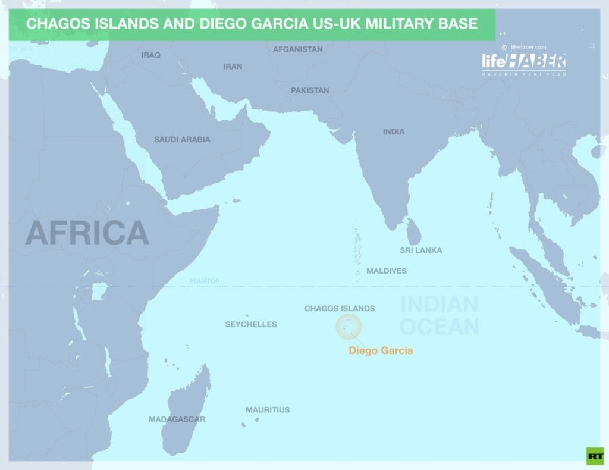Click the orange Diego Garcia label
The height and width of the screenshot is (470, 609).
[x=381, y=350]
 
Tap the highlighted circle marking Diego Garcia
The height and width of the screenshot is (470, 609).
[x=349, y=327]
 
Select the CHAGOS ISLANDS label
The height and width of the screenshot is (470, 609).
[x=340, y=308]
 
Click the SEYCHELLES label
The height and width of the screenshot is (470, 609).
[x=251, y=324]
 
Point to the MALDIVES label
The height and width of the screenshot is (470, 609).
[x=387, y=271]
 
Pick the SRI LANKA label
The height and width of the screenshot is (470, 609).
[x=421, y=250]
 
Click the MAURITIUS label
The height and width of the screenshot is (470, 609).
[x=268, y=410]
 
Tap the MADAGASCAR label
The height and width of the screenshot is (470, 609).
[x=177, y=419]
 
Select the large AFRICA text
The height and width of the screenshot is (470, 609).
[x=87, y=233]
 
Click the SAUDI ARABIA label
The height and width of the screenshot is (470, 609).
[x=182, y=139]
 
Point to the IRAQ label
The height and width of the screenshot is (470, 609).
[x=150, y=55]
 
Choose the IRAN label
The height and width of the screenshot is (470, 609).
[x=233, y=67]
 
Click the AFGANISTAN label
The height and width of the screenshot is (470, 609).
[x=298, y=49]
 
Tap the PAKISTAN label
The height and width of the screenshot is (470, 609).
[x=310, y=90]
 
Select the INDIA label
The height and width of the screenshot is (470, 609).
[x=394, y=131]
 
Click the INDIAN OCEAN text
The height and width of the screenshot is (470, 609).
[x=440, y=315]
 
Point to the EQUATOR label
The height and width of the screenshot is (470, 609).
[x=205, y=281]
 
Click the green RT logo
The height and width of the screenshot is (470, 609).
[x=594, y=455]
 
